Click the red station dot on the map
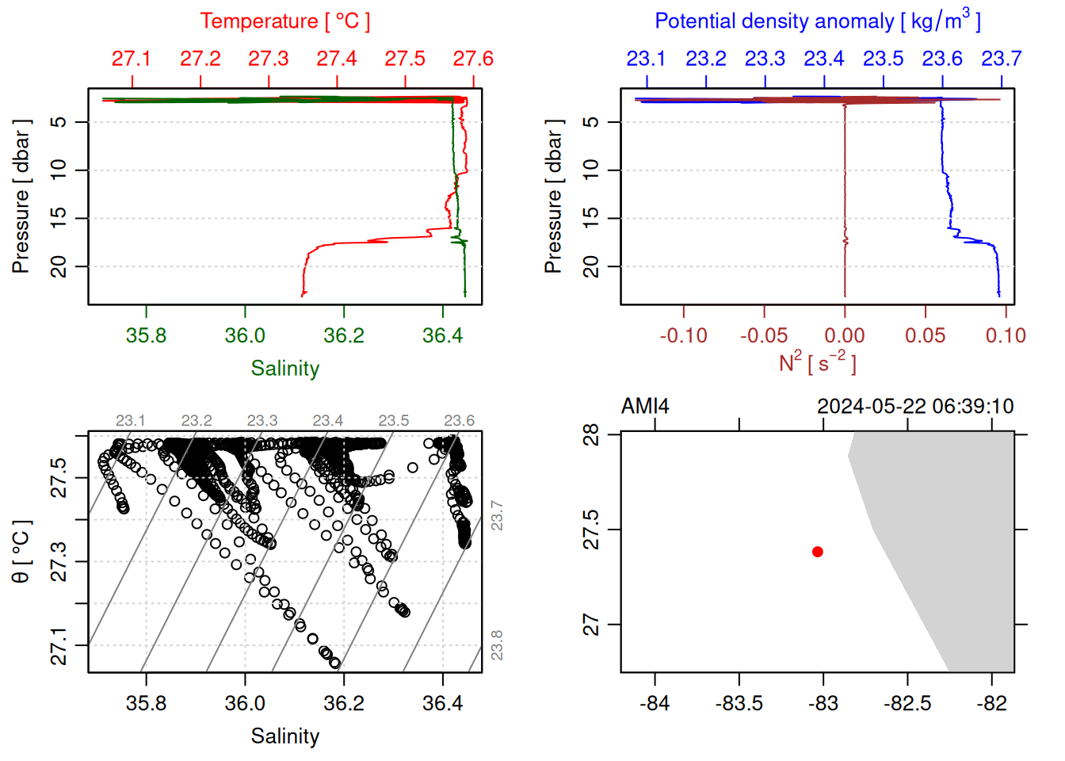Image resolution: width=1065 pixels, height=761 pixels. (817, 552)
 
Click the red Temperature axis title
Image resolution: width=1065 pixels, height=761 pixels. (284, 21)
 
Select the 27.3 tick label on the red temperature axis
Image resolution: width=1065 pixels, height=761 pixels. (269, 59)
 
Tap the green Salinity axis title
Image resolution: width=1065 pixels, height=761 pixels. (284, 369)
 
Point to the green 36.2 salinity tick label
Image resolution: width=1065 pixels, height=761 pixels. (343, 335)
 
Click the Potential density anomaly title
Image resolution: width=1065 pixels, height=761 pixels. (817, 21)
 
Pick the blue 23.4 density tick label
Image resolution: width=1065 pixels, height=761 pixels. (824, 59)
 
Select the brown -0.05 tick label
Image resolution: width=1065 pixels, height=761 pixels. (764, 335)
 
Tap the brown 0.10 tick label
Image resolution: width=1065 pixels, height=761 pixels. (1006, 335)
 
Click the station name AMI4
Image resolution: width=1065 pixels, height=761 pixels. (645, 407)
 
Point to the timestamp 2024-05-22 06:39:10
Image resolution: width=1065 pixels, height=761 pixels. (915, 407)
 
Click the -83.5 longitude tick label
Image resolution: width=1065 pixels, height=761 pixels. (739, 703)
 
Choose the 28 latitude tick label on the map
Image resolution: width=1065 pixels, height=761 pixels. (591, 434)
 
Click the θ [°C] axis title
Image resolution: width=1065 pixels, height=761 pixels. (21, 552)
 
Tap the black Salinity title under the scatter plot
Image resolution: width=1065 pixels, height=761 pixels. (284, 736)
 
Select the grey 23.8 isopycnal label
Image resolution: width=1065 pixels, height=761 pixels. (497, 645)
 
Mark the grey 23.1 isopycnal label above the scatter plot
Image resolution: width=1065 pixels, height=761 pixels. (131, 420)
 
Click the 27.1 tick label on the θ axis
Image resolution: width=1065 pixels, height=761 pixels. (59, 645)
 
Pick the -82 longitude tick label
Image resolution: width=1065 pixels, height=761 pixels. (992, 703)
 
